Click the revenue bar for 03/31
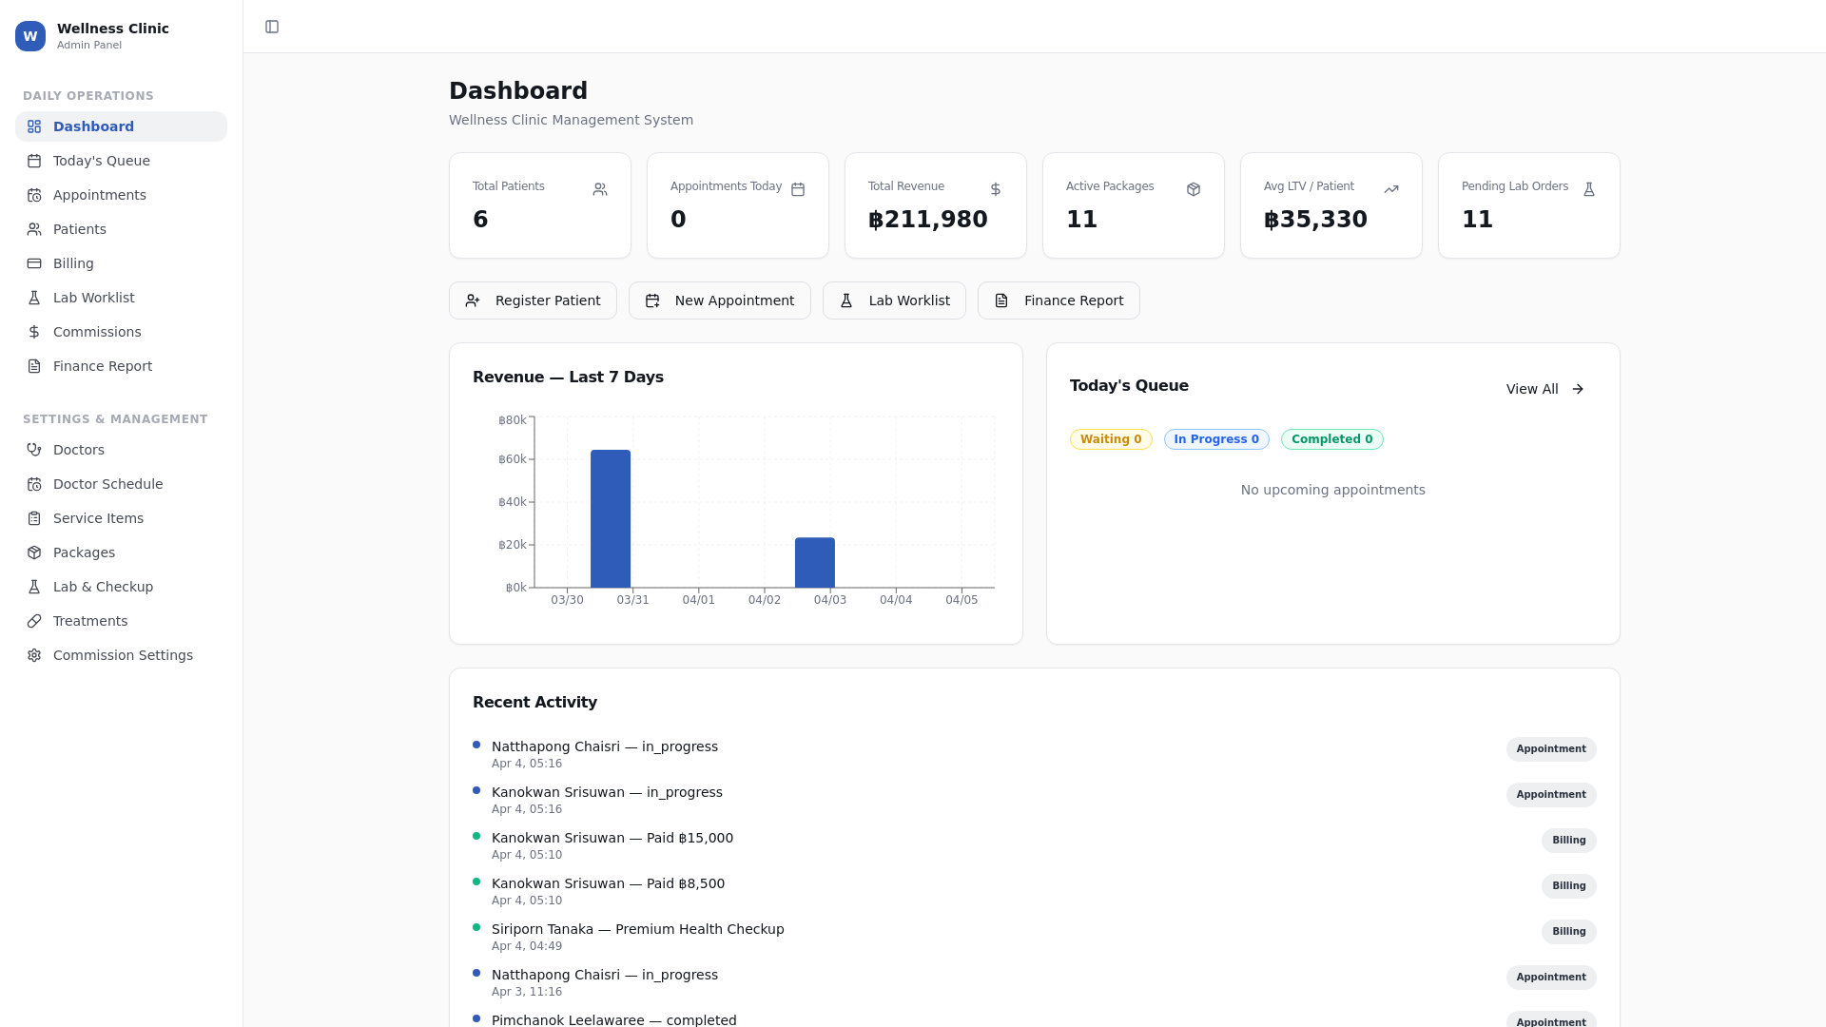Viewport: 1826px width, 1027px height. click(x=611, y=518)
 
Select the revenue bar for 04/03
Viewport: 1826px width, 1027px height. click(x=815, y=562)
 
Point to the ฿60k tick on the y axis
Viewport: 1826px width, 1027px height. click(x=513, y=459)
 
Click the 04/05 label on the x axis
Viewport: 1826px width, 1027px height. click(x=962, y=600)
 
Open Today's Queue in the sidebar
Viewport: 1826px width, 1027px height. click(x=102, y=161)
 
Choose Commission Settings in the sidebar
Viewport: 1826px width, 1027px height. click(x=123, y=655)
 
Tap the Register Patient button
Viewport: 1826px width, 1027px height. click(x=533, y=300)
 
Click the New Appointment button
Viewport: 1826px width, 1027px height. click(x=720, y=300)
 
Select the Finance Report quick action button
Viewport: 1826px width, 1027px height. click(x=1059, y=300)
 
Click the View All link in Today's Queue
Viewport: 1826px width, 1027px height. click(x=1544, y=389)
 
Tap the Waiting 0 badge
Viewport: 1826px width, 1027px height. click(x=1111, y=439)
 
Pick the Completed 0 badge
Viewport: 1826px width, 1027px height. click(x=1331, y=439)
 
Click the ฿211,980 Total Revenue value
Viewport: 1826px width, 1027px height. click(x=928, y=220)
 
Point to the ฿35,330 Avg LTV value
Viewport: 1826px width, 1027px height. click(x=1315, y=220)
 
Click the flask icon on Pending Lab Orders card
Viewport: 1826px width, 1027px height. click(x=1588, y=189)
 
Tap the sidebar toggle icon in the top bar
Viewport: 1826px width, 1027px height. click(x=272, y=27)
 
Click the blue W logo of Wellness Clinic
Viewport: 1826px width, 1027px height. click(x=30, y=36)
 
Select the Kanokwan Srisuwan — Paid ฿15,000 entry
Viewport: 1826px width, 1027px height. click(x=612, y=838)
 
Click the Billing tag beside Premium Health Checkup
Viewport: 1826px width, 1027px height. click(x=1568, y=932)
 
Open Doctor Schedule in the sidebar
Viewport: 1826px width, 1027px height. click(x=107, y=484)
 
